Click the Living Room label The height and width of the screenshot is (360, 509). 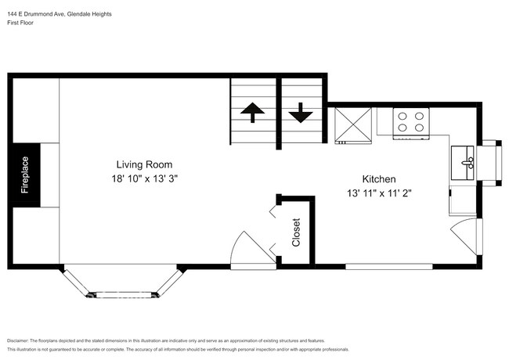click(x=144, y=164)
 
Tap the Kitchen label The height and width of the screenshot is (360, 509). click(x=378, y=178)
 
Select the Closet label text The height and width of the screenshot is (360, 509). click(x=296, y=232)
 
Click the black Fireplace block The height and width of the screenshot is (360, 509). click(x=26, y=175)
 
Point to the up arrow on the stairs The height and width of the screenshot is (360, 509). click(x=252, y=113)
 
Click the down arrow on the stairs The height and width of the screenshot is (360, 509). click(x=300, y=113)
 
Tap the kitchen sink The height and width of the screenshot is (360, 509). click(x=467, y=163)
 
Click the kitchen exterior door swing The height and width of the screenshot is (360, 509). click(x=468, y=235)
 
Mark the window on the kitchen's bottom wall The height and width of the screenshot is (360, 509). click(x=390, y=266)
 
